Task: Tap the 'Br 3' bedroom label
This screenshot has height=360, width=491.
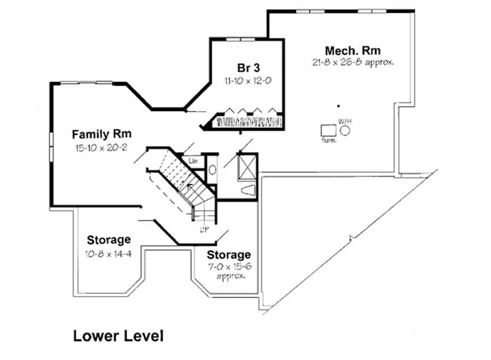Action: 247,67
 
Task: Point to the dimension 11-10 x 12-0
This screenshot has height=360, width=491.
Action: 247,80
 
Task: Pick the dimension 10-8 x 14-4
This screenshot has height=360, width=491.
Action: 108,252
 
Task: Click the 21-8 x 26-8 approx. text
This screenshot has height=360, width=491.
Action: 352,63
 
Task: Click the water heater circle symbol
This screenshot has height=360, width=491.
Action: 346,130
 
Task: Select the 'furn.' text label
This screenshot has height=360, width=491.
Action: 328,141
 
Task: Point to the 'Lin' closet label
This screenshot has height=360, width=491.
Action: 193,161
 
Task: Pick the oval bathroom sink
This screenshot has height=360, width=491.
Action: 212,170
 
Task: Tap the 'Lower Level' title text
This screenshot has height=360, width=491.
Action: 118,335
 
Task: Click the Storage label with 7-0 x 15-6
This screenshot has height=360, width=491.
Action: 228,254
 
